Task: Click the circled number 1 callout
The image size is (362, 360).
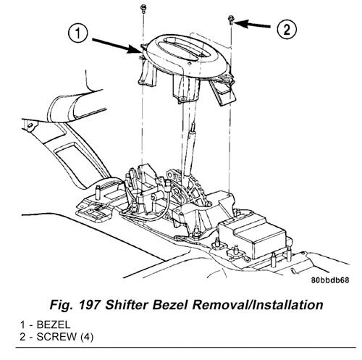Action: [x=77, y=33]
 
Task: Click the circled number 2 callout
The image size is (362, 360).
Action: [x=287, y=30]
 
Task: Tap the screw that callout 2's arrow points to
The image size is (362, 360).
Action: [x=231, y=20]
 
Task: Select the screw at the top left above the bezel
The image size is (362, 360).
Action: [x=143, y=9]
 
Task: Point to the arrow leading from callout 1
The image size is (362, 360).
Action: [x=116, y=46]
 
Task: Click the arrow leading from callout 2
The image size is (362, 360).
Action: [x=252, y=24]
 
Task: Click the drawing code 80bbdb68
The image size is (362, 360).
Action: [x=330, y=280]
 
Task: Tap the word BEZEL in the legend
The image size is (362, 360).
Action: [x=54, y=325]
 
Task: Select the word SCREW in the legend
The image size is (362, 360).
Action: [x=56, y=337]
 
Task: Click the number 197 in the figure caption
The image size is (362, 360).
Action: [x=89, y=305]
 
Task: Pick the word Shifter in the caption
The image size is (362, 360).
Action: [x=127, y=305]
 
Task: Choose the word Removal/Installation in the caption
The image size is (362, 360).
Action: [x=258, y=305]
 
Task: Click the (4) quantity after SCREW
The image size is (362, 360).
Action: [x=86, y=337]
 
